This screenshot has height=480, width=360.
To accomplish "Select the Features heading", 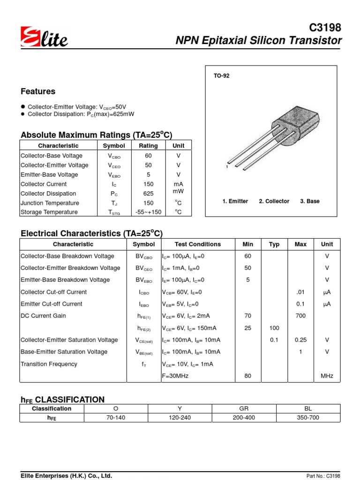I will pos(38,91).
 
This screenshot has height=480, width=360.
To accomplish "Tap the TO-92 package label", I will pos(222,75).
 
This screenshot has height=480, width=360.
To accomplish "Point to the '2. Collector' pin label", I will pos(274,201).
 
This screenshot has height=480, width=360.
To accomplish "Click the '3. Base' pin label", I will pos(310,201).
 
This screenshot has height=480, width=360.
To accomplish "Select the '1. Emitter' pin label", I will pos(235,201).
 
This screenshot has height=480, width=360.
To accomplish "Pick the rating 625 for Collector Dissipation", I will pos(149,194).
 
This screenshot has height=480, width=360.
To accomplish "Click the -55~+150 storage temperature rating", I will pos(149,212).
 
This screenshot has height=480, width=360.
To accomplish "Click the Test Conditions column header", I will pos(197,244).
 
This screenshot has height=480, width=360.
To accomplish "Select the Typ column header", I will pos(274,244).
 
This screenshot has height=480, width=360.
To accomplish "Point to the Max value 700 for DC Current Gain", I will pos(300,316).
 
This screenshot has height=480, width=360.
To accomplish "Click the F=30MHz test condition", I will pos(175,376).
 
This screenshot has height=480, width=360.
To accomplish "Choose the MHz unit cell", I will pos(327,376).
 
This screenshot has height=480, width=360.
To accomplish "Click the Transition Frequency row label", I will pos(49,364).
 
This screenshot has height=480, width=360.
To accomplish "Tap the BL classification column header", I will pos(308,408).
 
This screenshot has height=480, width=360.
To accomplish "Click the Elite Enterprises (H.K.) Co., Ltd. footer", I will pos(66,475).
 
